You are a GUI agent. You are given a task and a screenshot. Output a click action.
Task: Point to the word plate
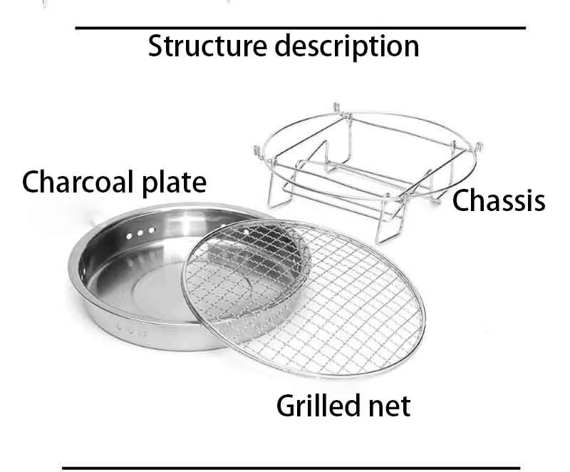point(175,183)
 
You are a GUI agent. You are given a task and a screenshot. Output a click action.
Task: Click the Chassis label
point(499,200)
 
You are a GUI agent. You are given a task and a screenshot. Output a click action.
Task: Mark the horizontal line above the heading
point(300,28)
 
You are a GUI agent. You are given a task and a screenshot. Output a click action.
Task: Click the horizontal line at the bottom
point(300,468)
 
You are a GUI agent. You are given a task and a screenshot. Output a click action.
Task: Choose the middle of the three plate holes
point(140,232)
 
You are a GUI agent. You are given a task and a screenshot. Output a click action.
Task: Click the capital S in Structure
point(155,46)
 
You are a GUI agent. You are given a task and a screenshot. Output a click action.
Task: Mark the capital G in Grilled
point(285,406)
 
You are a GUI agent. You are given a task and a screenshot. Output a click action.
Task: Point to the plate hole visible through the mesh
point(245,232)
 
